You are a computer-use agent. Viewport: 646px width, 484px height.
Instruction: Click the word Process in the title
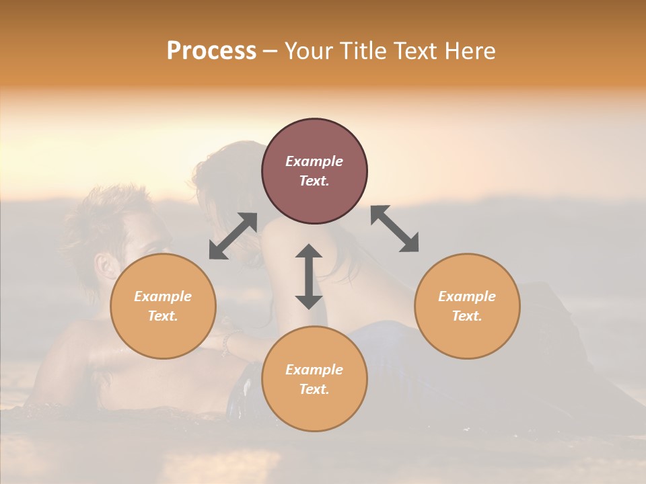point(211,51)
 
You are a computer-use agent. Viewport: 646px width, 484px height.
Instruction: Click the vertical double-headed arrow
point(309,276)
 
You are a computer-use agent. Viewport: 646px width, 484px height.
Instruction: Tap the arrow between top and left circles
point(233,236)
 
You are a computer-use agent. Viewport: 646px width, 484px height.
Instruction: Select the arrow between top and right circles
point(394,229)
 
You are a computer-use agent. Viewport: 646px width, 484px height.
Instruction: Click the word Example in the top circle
point(314,161)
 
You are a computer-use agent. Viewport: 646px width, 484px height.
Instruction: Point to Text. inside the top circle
point(314,181)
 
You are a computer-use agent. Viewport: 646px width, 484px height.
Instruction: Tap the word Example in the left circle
point(163,296)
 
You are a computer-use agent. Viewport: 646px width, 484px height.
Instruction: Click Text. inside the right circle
point(467,316)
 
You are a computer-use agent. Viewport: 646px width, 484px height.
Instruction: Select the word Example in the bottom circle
point(314,370)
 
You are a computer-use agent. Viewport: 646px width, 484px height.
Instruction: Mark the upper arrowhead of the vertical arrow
point(309,251)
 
